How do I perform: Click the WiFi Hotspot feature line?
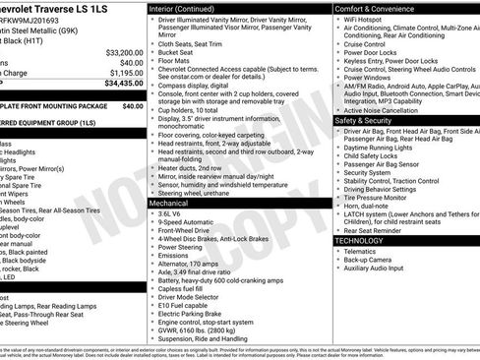(x=369, y=20)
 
